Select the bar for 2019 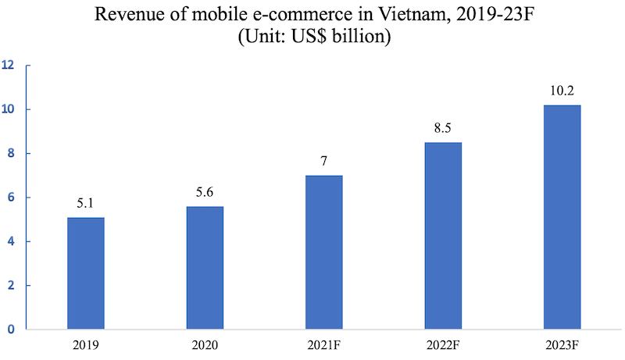point(85,273)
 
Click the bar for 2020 point(205,268)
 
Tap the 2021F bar point(323,252)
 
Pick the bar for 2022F point(442,236)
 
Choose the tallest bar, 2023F point(562,217)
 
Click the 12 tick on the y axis point(9,66)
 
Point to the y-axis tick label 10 point(9,109)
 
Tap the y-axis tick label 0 point(12,330)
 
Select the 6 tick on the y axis point(12,198)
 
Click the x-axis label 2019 point(85,344)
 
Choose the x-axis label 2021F point(323,344)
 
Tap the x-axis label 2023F point(562,344)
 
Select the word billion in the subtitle point(359,37)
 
